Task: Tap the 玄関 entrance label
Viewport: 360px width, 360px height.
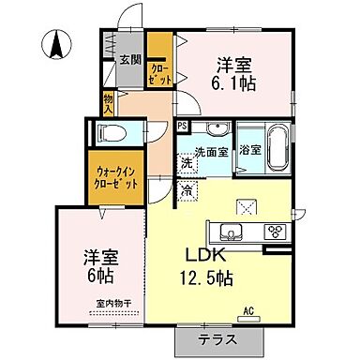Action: pyautogui.click(x=129, y=60)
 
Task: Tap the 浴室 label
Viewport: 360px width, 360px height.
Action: pyautogui.click(x=249, y=150)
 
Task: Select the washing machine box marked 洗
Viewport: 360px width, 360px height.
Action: pyautogui.click(x=187, y=164)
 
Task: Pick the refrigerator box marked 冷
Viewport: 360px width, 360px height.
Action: pyautogui.click(x=188, y=191)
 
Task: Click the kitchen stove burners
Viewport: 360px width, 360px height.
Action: pyautogui.click(x=276, y=232)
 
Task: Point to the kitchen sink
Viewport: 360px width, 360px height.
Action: pyautogui.click(x=231, y=232)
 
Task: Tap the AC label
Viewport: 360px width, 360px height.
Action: pyautogui.click(x=248, y=310)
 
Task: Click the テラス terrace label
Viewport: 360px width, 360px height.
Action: pyautogui.click(x=217, y=339)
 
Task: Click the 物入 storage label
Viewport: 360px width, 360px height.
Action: pyautogui.click(x=109, y=102)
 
